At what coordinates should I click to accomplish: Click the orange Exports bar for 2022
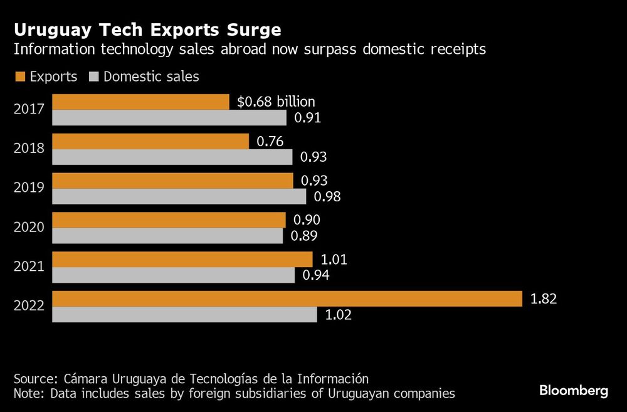[x=287, y=298]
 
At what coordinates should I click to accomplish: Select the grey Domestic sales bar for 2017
[x=169, y=118]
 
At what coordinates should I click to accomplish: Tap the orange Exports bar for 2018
[x=150, y=141]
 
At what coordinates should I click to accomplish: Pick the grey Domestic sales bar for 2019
[x=179, y=197]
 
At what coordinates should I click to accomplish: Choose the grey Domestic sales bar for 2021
[x=173, y=275]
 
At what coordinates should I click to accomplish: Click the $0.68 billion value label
[x=276, y=102]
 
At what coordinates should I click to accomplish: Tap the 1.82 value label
[x=543, y=299]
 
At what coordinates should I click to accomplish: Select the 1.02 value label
[x=338, y=315]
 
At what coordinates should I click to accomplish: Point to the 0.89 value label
[x=304, y=236]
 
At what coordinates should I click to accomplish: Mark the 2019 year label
[x=29, y=188]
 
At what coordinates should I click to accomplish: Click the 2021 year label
[x=29, y=267]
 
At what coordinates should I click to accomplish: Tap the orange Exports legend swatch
[x=19, y=77]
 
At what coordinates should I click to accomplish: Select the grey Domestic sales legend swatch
[x=94, y=77]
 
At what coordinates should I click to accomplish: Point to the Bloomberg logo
[x=574, y=391]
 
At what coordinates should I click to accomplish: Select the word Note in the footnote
[x=28, y=394]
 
